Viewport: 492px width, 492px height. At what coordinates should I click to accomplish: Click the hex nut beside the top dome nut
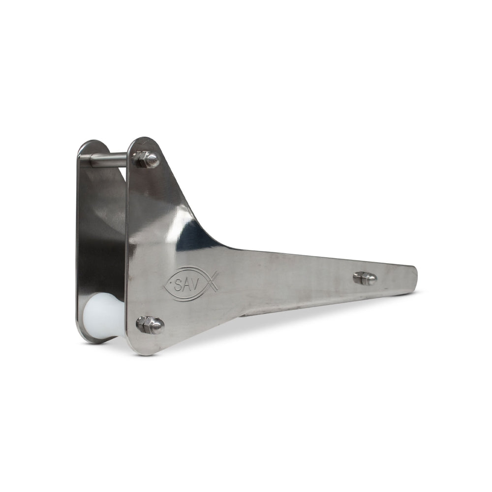139,158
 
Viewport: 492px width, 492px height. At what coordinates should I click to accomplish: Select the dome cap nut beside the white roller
156,326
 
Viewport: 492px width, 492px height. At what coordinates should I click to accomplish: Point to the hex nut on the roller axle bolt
143,324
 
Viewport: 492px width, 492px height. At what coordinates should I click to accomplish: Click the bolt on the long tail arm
365,278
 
